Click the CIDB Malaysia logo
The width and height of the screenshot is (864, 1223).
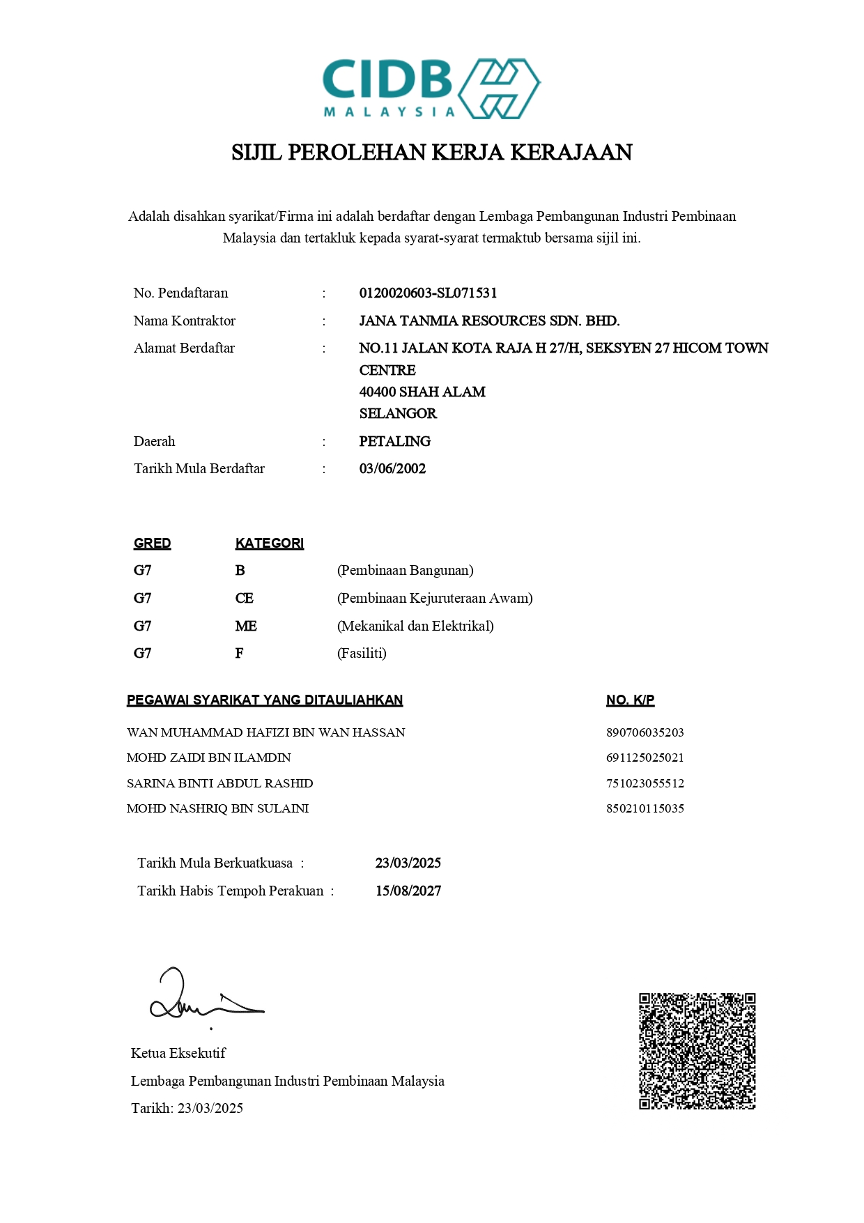pos(431,89)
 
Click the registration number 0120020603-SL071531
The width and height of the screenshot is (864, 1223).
pos(428,293)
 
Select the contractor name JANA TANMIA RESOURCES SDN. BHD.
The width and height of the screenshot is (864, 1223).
pos(489,321)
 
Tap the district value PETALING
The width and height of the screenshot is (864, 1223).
pos(394,442)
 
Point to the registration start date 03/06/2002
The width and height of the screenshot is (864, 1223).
pos(392,469)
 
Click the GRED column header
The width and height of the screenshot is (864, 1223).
pos(152,544)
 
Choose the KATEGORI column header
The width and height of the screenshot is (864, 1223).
pos(269,544)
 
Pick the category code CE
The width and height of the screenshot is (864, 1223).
pos(244,599)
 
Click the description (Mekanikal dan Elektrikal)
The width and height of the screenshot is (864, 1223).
pos(415,626)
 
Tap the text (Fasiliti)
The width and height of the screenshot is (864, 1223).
pos(362,654)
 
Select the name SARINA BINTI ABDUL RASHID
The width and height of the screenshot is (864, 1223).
pos(219,783)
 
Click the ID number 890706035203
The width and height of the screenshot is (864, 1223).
pos(645,732)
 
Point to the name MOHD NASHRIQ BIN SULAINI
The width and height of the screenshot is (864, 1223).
pos(217,808)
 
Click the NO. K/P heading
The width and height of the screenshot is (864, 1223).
pos(630,700)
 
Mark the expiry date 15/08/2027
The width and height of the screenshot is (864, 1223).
pos(408,891)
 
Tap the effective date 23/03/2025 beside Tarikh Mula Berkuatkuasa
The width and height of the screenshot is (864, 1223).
pos(408,863)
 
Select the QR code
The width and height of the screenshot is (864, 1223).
pos(697,1051)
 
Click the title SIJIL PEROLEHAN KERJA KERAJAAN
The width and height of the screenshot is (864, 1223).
pos(431,153)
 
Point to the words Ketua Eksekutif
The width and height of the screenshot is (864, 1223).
pos(178,1054)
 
